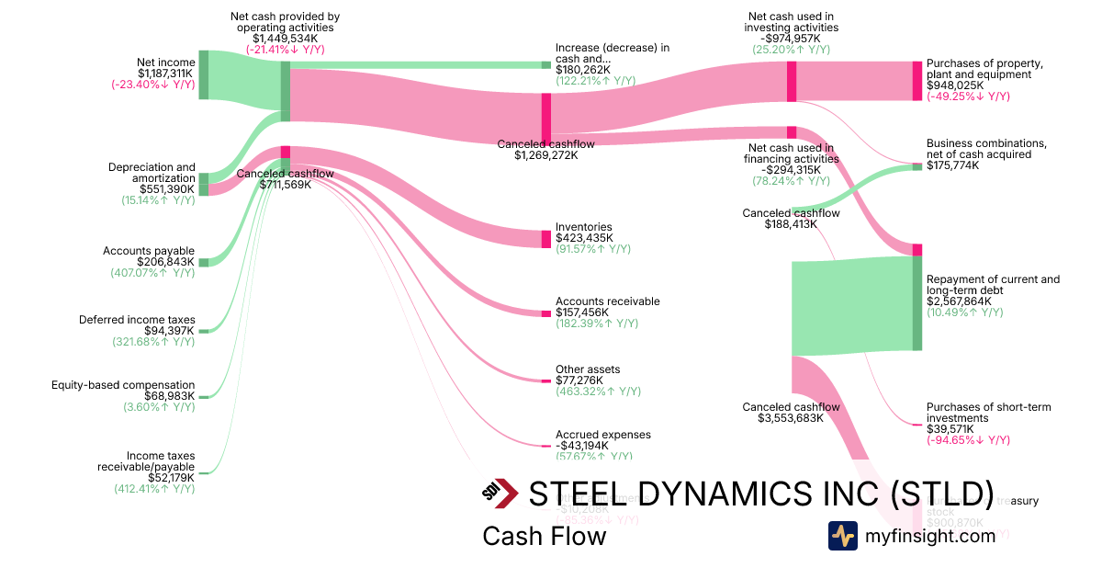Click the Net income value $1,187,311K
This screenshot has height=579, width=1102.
coord(166,74)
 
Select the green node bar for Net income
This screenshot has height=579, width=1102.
coord(204,74)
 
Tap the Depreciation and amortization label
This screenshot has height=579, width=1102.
coord(152,173)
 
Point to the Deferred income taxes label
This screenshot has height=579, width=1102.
coord(137,320)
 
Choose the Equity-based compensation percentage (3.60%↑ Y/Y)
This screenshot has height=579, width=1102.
coord(159,407)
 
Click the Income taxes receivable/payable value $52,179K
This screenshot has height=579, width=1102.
coord(171,477)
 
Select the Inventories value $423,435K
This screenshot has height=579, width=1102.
coord(583,238)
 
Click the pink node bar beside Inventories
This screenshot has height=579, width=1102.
coord(545,239)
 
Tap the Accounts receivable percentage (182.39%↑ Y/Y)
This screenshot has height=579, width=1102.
coord(596,324)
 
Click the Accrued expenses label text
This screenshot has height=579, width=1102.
coord(602,435)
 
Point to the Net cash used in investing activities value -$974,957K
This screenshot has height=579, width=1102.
coord(793,39)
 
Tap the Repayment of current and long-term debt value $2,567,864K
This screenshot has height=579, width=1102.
coord(961,301)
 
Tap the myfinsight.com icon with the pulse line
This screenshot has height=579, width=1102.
coord(842,536)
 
